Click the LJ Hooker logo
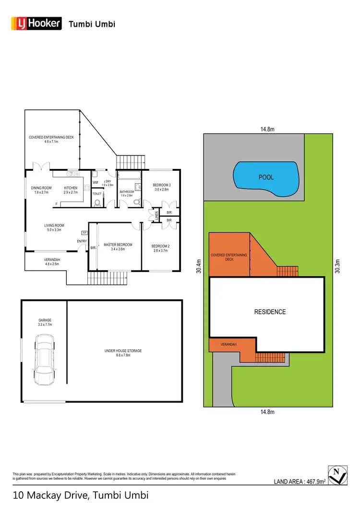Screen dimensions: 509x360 (36, 23)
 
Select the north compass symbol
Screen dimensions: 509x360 (338, 475)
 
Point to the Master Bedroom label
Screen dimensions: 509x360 (118, 247)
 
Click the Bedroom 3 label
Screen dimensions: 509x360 (161, 187)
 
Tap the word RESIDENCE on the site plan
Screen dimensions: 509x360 (270, 312)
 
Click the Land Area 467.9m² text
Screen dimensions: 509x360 (300, 482)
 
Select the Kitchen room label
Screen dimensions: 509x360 (71, 190)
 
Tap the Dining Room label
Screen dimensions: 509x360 (41, 190)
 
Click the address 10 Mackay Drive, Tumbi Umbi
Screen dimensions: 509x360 (81, 495)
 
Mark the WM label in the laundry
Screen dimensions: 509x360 (95, 183)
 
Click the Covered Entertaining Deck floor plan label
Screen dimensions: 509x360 (51, 140)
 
